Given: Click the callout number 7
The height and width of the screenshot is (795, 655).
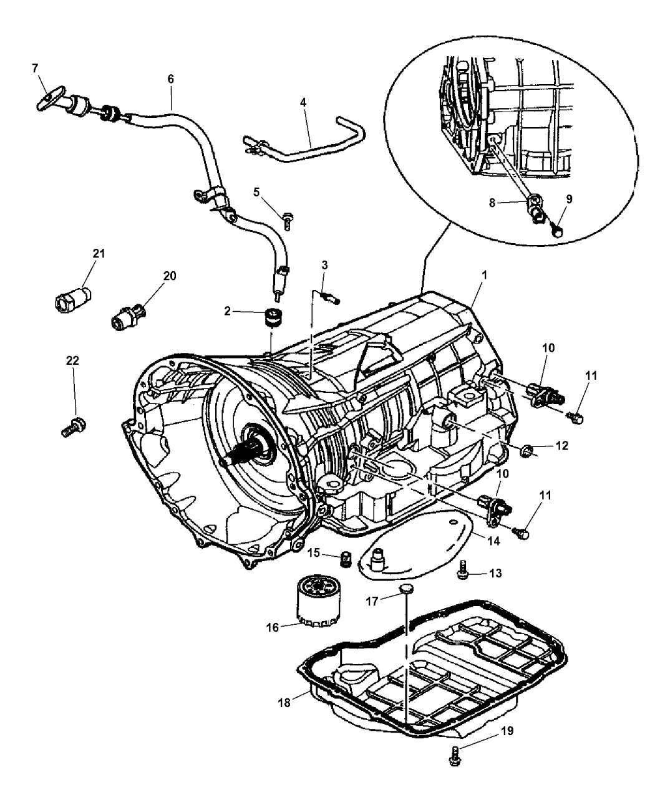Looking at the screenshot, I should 35,68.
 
